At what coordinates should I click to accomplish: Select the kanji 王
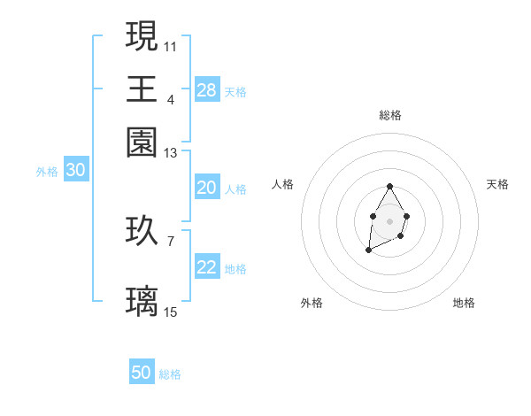142,89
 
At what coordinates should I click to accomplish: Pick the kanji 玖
142,231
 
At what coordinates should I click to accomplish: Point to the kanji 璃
142,301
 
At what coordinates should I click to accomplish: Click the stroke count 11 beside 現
171,45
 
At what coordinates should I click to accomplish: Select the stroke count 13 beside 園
171,153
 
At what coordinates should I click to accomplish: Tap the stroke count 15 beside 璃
171,312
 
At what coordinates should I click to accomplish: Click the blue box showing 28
207,89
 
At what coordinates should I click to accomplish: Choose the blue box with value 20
207,188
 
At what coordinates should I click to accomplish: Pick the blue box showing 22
207,267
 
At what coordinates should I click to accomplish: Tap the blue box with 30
75,171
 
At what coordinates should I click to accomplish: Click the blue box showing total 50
142,373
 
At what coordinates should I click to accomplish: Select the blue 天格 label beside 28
235,91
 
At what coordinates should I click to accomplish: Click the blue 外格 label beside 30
47,172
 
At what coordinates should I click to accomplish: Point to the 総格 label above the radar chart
389,115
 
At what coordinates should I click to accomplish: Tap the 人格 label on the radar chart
283,184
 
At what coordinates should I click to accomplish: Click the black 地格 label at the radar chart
464,303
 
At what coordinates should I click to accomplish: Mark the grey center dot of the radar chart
389,220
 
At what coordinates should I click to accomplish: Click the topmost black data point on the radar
389,187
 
